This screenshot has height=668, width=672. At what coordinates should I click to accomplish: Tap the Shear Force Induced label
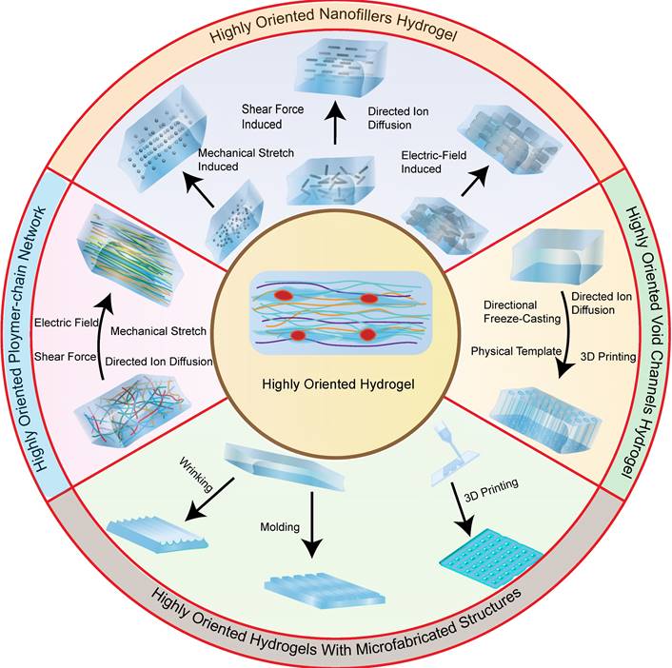(272, 117)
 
